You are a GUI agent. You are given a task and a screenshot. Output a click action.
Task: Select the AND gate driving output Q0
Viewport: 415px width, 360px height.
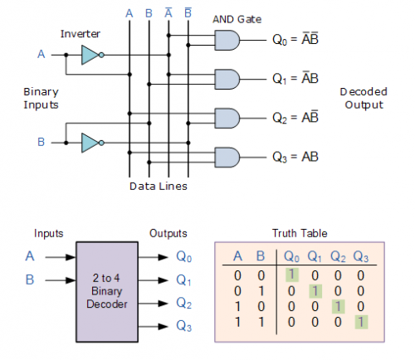(227, 41)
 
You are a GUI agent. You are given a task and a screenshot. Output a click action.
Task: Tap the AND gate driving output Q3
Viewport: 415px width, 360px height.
(227, 158)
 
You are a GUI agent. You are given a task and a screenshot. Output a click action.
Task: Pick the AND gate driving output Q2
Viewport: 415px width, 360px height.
(227, 119)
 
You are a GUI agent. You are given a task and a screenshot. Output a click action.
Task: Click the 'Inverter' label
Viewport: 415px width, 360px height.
(81, 34)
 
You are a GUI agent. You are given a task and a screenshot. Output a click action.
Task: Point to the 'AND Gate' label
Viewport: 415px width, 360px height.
(237, 19)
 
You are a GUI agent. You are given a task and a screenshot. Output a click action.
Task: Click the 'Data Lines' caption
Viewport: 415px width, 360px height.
(159, 186)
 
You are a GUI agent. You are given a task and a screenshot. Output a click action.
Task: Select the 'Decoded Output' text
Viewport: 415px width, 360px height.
(364, 99)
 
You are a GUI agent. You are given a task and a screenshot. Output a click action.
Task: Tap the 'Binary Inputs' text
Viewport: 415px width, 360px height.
(41, 99)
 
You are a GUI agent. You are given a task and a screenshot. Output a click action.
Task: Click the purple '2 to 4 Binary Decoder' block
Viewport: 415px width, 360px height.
(107, 292)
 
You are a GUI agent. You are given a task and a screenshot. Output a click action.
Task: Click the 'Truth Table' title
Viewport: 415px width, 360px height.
(300, 233)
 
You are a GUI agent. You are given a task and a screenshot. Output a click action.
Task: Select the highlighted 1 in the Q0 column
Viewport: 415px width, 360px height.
(292, 275)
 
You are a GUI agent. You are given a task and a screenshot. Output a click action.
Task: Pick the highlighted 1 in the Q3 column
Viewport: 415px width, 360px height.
(361, 322)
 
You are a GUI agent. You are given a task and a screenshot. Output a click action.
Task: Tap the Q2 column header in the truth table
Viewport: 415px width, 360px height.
(338, 256)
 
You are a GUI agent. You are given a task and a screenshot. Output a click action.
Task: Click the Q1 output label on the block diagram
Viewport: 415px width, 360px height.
(183, 280)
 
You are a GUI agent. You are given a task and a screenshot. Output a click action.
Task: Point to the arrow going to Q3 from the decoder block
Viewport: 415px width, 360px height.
(153, 327)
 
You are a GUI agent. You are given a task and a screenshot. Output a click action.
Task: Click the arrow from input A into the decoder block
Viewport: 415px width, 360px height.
(61, 257)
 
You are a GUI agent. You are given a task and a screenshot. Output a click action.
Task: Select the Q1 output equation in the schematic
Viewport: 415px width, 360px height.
(295, 79)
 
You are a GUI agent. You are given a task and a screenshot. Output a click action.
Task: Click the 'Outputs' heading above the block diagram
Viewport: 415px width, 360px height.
(168, 233)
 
